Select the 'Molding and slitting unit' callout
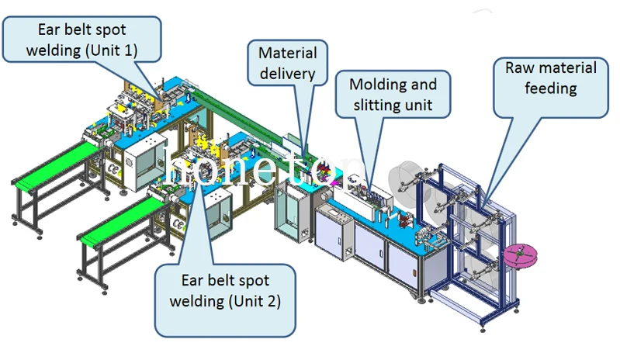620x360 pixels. coord(393,94)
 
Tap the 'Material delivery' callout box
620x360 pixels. coord(287,64)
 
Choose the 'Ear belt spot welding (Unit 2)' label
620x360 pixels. coord(225,289)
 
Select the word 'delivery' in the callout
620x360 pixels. coord(287,74)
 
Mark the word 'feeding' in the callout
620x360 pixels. coord(550,88)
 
